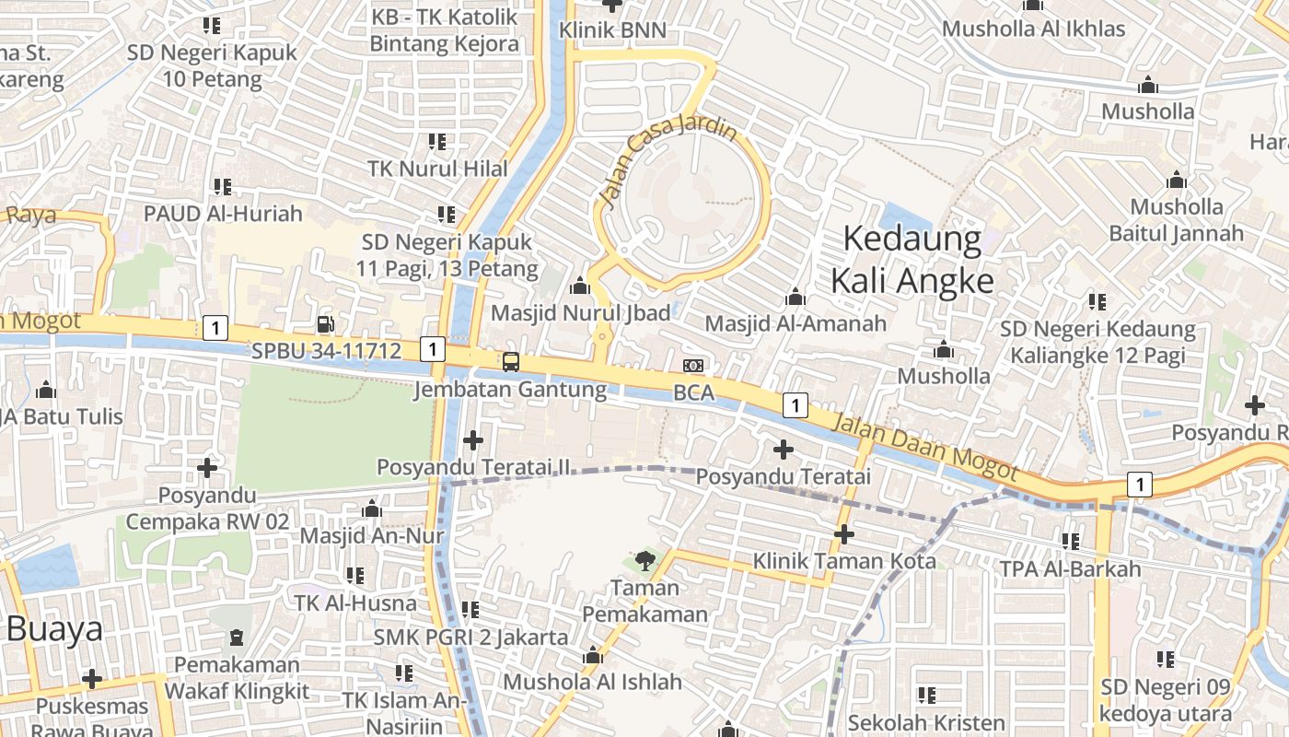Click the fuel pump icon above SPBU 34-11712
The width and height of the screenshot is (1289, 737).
pyautogui.click(x=325, y=323)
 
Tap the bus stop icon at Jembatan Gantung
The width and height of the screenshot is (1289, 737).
pyautogui.click(x=510, y=362)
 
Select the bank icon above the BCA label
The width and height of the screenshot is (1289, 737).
pyautogui.click(x=694, y=366)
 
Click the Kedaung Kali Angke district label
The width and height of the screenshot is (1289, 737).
pyautogui.click(x=912, y=260)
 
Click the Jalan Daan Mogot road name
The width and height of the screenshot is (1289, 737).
pyautogui.click(x=925, y=447)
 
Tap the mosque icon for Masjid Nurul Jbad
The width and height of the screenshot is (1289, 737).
pyautogui.click(x=580, y=286)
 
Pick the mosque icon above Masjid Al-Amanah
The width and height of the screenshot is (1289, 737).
pyautogui.click(x=795, y=297)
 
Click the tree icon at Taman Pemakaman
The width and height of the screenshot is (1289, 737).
pyautogui.click(x=644, y=559)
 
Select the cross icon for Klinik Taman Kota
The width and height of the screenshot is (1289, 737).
pyautogui.click(x=843, y=533)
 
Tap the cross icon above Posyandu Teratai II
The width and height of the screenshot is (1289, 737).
pyautogui.click(x=473, y=440)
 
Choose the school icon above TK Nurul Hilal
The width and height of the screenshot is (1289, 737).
pyautogui.click(x=437, y=142)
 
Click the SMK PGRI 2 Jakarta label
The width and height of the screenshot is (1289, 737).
pyautogui.click(x=470, y=637)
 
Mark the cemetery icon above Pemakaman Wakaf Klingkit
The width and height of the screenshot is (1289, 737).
pyautogui.click(x=237, y=637)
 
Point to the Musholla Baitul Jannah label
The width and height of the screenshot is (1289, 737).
pyautogui.click(x=1176, y=219)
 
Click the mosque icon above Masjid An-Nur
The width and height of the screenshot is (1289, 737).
pyautogui.click(x=372, y=509)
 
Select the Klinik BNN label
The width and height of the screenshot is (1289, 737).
pyautogui.click(x=612, y=30)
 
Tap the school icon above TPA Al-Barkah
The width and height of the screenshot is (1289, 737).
pyautogui.click(x=1070, y=541)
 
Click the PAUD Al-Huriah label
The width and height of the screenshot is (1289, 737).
pyautogui.click(x=223, y=214)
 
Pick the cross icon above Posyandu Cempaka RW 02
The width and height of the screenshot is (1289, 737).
pyautogui.click(x=207, y=468)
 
